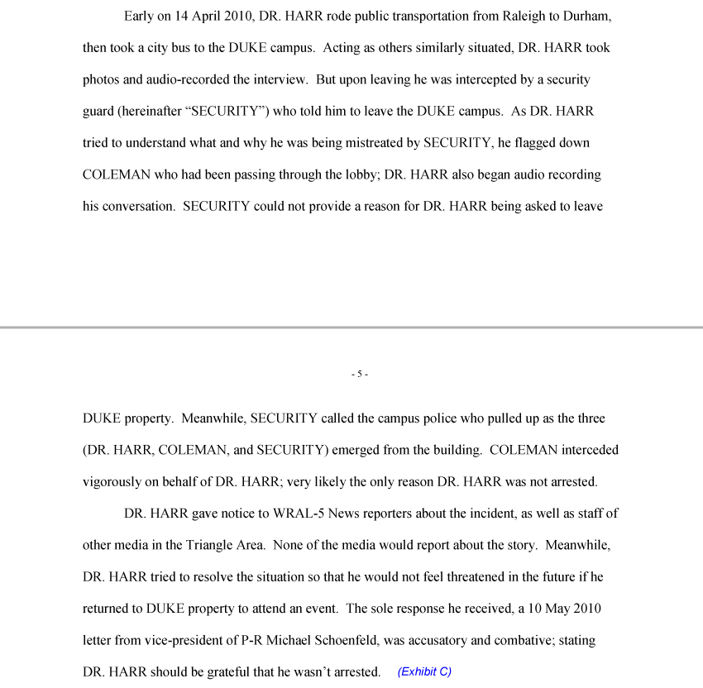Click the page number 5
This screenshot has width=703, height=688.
tap(359, 375)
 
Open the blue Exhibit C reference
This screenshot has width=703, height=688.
tap(424, 671)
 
